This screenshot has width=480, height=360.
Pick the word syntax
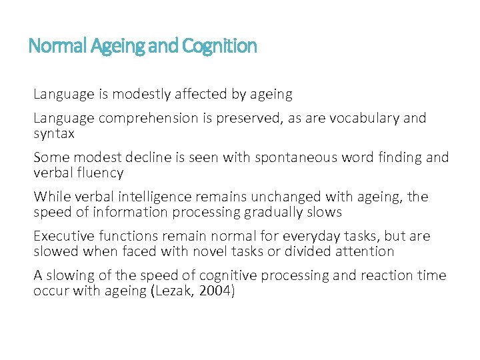pos(54,133)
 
